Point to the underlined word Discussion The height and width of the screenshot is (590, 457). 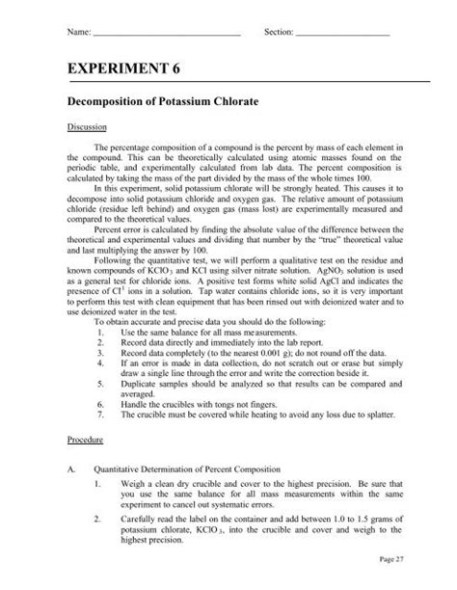(x=87, y=126)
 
